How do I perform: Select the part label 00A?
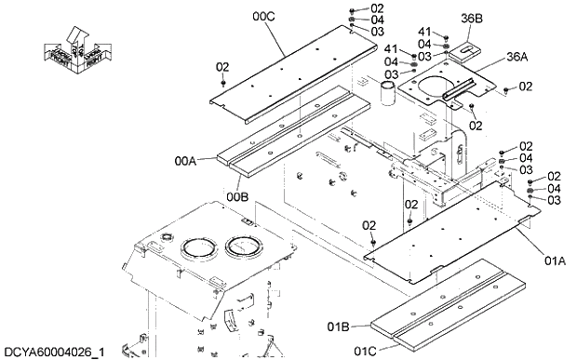pyautogui.click(x=185, y=160)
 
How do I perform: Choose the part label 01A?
pyautogui.click(x=555, y=261)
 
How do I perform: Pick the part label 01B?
pyautogui.click(x=339, y=327)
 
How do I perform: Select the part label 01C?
pyautogui.click(x=366, y=351)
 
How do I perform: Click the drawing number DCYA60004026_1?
pyautogui.click(x=54, y=352)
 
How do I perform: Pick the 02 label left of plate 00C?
pyautogui.click(x=222, y=67)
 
